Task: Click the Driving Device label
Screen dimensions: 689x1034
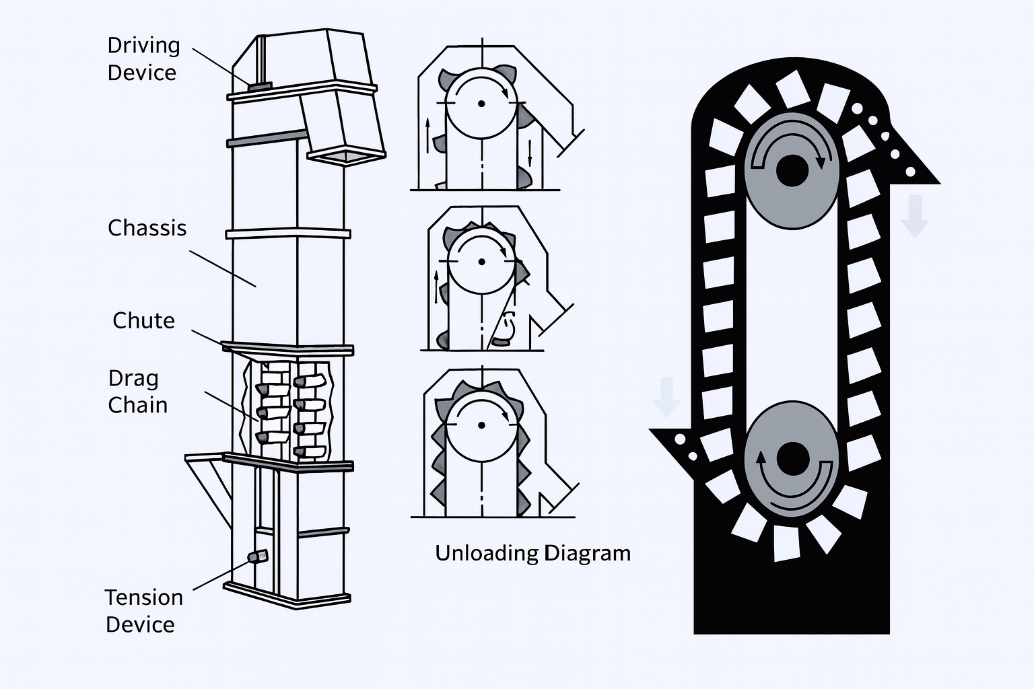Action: [x=143, y=59]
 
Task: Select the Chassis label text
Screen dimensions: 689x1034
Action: [x=147, y=228]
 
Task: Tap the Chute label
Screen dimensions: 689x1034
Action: [x=143, y=320]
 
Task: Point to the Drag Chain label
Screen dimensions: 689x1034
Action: [x=137, y=392]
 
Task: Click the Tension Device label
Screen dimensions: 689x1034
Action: [x=143, y=611]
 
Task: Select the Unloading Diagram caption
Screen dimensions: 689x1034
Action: [x=532, y=553]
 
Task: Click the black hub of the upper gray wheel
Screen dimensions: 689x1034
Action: [x=792, y=170]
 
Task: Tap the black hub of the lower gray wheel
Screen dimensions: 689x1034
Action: [x=792, y=460]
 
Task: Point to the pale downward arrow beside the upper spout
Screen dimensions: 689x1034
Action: [x=914, y=216]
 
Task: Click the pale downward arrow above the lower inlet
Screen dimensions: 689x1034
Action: [x=666, y=398]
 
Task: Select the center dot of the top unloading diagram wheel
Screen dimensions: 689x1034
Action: [x=481, y=103]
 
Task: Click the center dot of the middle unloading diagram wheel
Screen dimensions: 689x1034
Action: [x=481, y=261]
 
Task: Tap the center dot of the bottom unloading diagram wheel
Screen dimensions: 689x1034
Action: [x=481, y=425]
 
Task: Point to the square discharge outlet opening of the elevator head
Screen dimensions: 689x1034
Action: [x=346, y=156]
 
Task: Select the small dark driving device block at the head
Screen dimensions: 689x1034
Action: [x=258, y=86]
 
